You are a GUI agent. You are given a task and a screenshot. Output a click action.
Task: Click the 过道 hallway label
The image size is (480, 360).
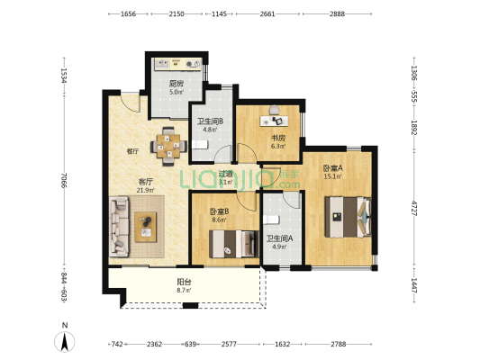(225, 174)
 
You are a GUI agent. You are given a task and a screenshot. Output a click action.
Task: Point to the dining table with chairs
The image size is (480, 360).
(168, 147)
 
